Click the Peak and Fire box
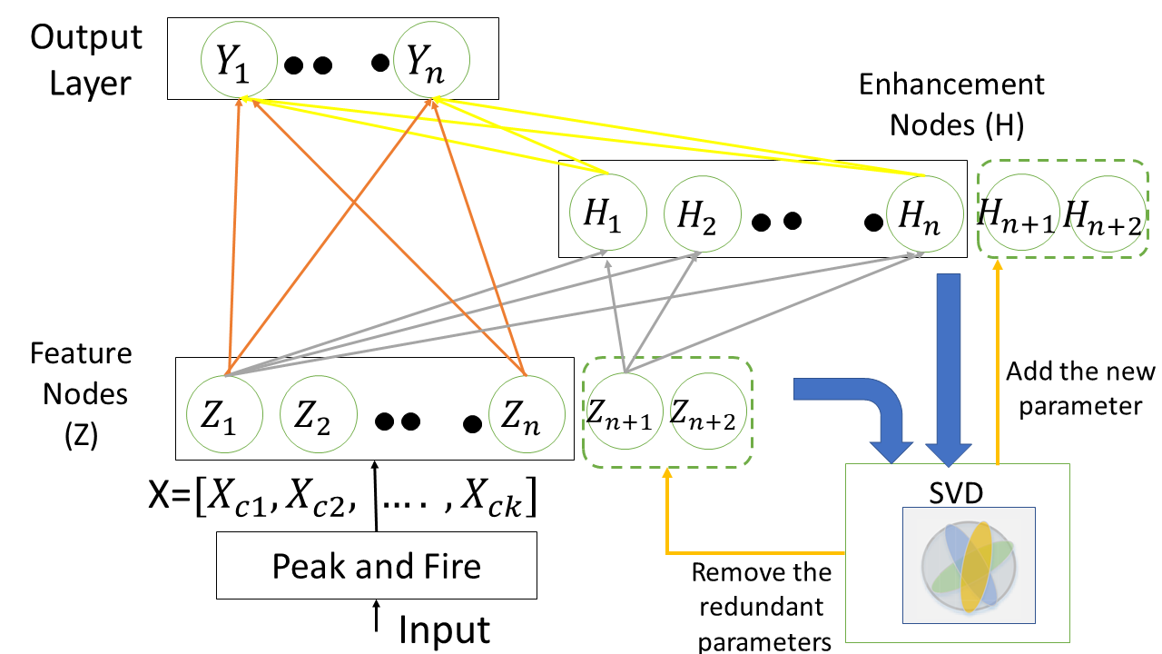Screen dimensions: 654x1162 tap(376, 567)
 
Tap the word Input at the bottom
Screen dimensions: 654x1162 tap(445, 629)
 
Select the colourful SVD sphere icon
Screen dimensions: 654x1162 tap(967, 565)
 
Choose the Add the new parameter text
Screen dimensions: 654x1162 tap(1080, 388)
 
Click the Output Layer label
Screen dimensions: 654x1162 tap(86, 60)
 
